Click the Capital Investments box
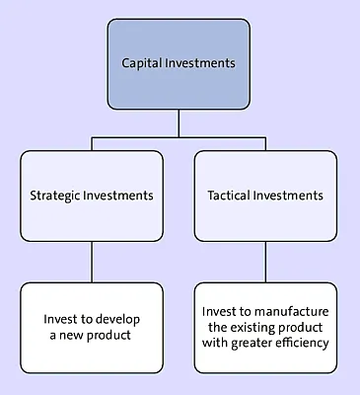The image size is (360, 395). point(179,62)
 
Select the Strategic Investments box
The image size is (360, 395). point(92,196)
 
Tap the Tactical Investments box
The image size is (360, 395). point(265,196)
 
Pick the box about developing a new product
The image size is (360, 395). point(92,327)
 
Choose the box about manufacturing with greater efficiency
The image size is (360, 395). point(265,327)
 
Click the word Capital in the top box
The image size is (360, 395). point(142,62)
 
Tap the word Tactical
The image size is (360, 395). point(232,196)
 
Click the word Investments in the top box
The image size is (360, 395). point(202,62)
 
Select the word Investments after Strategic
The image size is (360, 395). point(120,196)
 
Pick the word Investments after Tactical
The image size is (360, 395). point(290,196)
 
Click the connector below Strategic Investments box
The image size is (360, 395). point(92,262)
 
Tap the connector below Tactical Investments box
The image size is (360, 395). point(265,262)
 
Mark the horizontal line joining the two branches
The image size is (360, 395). point(179,136)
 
